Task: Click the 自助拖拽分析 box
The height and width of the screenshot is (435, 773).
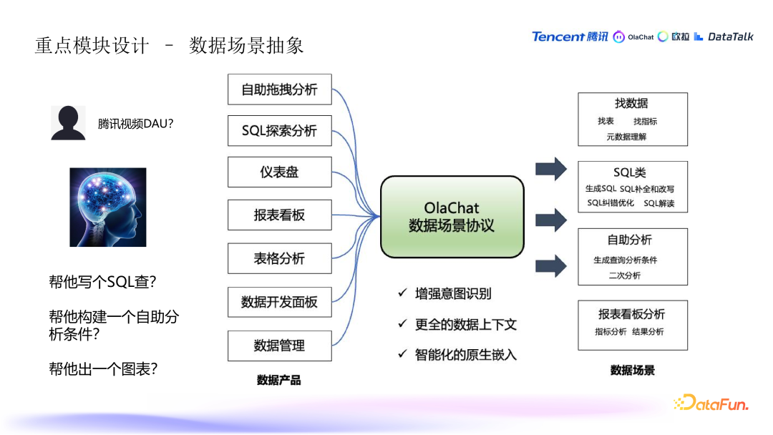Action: [279, 89]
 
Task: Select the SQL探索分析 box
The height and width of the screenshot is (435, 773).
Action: [279, 131]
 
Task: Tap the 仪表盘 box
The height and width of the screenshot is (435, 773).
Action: [279, 172]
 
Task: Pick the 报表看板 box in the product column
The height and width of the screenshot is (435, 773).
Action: [279, 215]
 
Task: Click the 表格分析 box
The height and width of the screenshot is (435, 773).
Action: [279, 258]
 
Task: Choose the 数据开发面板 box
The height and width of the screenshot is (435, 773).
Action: [279, 302]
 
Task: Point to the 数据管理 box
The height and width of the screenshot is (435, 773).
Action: [279, 346]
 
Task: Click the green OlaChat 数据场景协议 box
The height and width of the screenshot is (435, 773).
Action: [452, 216]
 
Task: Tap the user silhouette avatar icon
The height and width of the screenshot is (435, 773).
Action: [68, 123]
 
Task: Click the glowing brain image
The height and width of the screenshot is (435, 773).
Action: [107, 207]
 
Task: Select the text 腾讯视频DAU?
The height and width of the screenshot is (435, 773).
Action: [136, 124]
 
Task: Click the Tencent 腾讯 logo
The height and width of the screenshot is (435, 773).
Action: [570, 36]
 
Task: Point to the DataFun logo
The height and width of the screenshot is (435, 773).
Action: [711, 404]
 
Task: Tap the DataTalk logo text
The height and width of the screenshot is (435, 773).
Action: [724, 36]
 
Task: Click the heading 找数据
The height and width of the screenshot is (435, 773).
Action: [631, 104]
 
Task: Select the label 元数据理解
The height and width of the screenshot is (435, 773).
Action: [626, 137]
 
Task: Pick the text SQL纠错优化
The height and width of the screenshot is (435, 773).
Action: [611, 203]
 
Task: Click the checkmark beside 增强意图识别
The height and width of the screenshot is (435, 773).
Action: [403, 293]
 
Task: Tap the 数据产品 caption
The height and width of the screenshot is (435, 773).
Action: [278, 380]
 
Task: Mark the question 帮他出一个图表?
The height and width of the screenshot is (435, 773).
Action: [103, 369]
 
